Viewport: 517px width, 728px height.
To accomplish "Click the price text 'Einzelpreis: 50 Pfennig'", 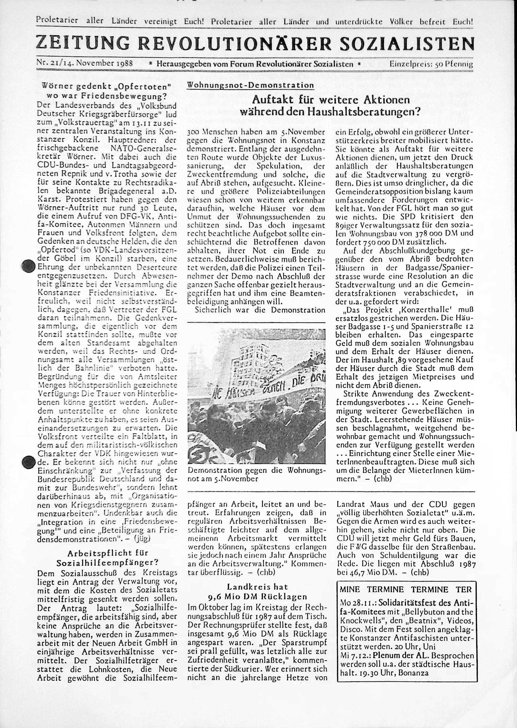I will (x=431, y=64).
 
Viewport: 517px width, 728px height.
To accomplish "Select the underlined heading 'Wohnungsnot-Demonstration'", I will (x=250, y=85).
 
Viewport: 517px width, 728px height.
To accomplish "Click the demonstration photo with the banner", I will (x=256, y=397).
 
